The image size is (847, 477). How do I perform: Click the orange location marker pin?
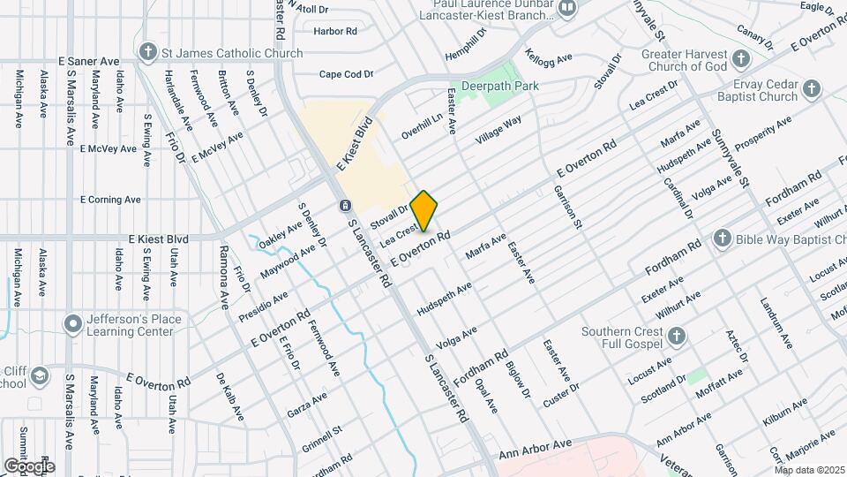coord(423,210)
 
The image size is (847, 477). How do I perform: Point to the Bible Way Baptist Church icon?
coord(722,238)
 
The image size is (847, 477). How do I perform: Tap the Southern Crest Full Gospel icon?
coord(676,336)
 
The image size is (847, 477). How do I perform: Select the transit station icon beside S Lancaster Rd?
coord(343,206)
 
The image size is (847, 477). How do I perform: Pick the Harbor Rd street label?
coord(335,31)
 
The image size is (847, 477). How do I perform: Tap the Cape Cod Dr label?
coord(346,74)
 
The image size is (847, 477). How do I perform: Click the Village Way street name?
coord(499,131)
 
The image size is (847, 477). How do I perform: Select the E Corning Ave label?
coord(110,200)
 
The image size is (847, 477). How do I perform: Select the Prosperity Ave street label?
coord(763,132)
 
